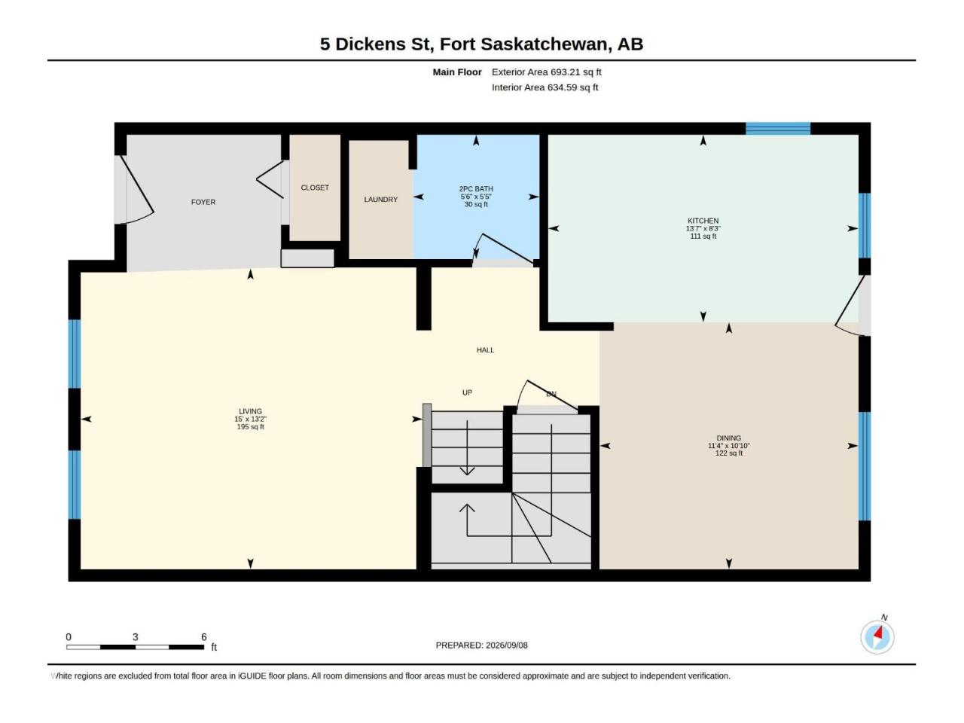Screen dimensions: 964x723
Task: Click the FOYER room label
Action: point(203,203)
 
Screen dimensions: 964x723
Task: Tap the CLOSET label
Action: point(315,188)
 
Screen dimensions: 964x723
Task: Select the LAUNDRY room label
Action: point(380,200)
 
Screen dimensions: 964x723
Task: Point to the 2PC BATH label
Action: point(476,189)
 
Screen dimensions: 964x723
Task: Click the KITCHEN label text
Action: point(703,221)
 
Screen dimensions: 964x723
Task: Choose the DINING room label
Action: point(728,438)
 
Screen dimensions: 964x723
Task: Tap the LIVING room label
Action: point(250,411)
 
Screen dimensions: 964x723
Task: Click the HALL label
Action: point(485,350)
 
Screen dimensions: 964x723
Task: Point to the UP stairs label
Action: point(467,392)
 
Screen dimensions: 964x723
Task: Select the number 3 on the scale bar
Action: point(136,637)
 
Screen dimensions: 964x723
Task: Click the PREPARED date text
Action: point(481,645)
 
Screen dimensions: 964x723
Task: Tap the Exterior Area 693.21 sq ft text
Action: point(546,72)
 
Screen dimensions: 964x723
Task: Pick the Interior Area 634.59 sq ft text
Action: point(545,87)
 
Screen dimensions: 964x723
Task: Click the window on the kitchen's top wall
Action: point(778,129)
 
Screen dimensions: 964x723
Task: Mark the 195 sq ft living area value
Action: point(250,427)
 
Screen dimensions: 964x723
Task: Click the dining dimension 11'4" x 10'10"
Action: point(728,446)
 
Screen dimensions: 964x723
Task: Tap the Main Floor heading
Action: point(456,72)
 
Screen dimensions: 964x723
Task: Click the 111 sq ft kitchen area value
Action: point(703,236)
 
